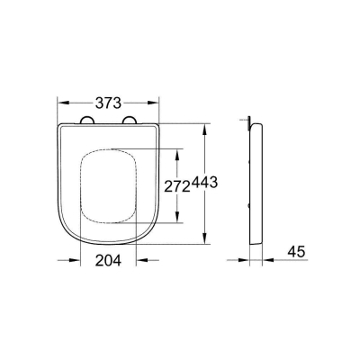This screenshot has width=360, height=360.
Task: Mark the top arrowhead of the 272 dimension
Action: click(177, 149)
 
